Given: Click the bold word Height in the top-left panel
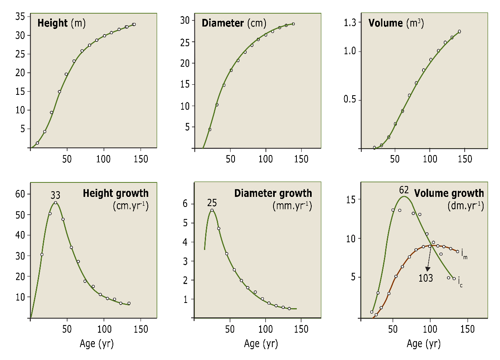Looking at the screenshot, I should click(x=53, y=23).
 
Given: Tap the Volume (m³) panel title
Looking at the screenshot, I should click(x=396, y=23).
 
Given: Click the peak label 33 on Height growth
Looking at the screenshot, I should click(x=55, y=196).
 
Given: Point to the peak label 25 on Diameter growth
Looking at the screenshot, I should click(x=212, y=202).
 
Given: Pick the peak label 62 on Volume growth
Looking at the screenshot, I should click(x=405, y=189).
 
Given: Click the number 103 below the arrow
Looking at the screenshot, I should click(x=425, y=278).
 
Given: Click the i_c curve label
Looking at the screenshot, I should click(x=461, y=284).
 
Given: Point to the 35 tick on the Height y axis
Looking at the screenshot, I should click(x=20, y=16).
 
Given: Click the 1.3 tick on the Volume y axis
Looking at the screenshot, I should click(x=350, y=23).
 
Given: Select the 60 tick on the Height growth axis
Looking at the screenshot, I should click(x=20, y=194).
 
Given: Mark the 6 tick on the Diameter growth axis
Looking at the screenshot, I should click(x=186, y=204).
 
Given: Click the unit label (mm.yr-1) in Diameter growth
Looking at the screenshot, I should click(x=292, y=207).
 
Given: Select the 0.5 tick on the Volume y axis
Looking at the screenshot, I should click(x=350, y=100).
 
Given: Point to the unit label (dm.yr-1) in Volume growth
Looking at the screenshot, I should click(x=465, y=207).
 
